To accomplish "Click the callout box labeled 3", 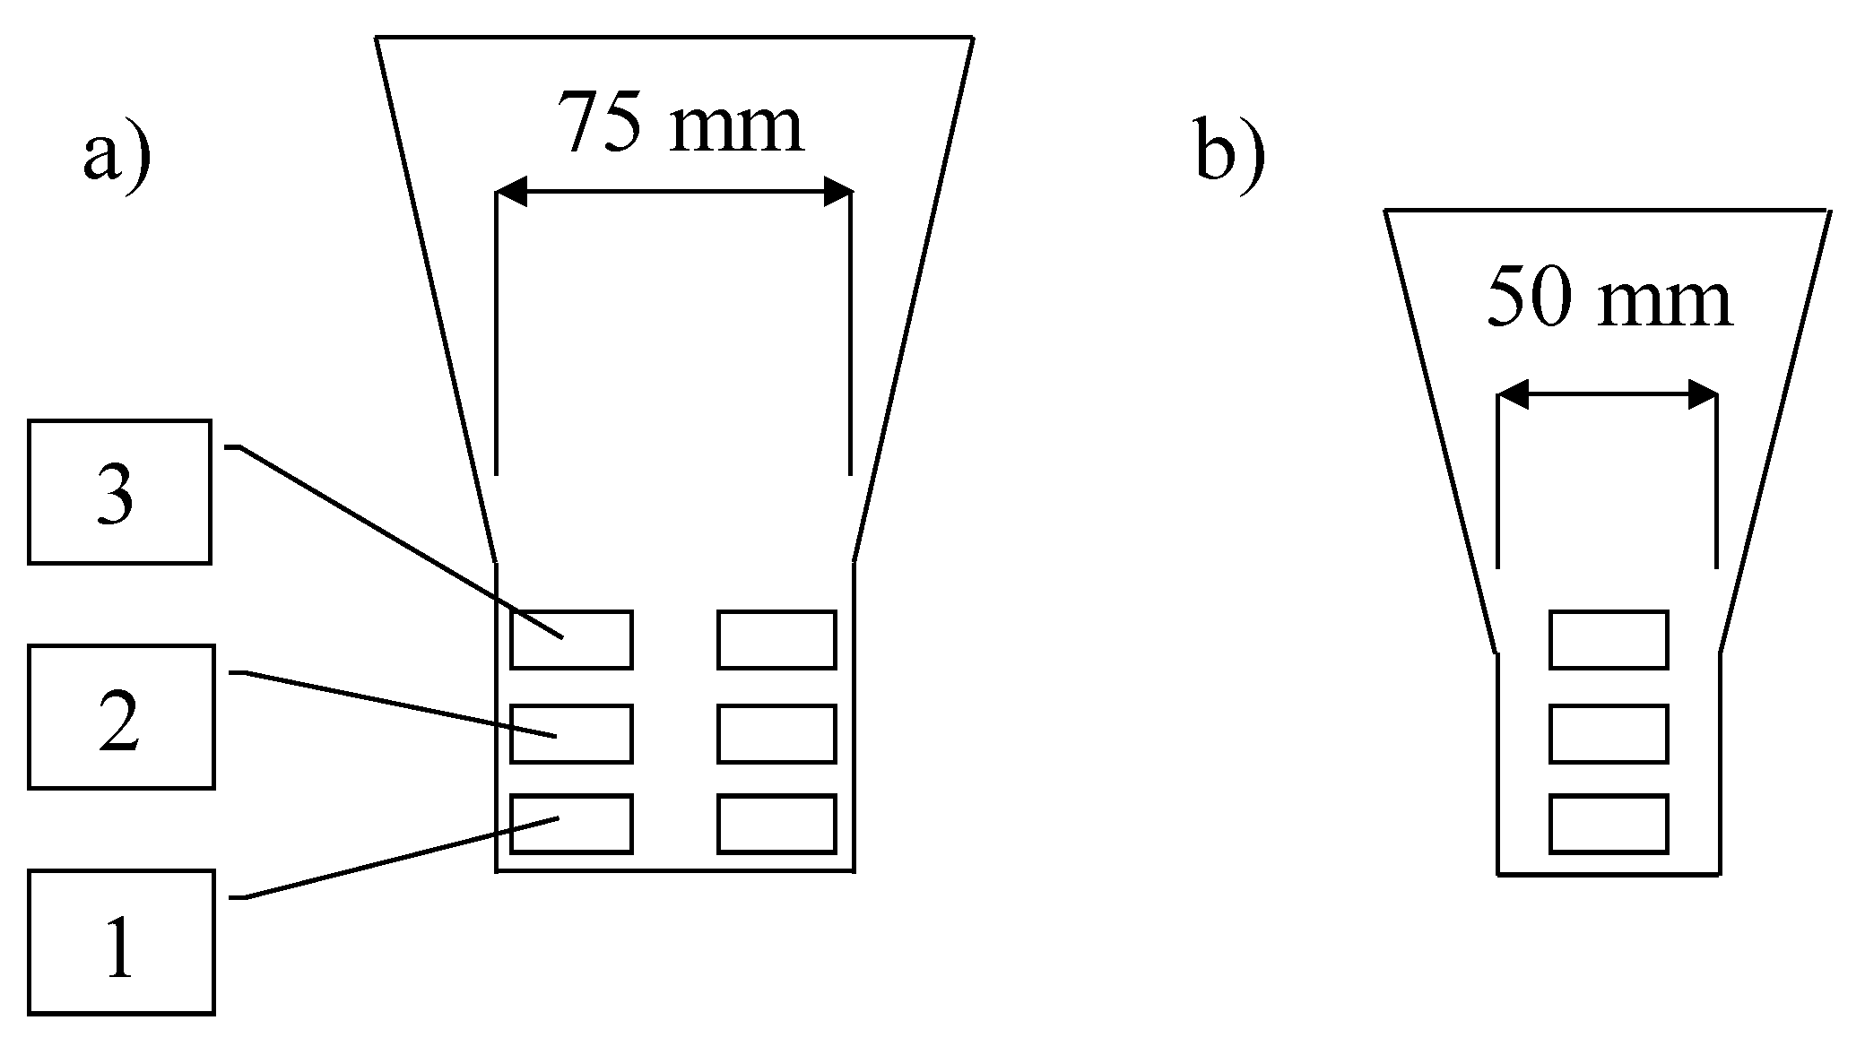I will (119, 491).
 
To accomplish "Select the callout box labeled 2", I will (121, 716).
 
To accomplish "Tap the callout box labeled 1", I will (121, 942).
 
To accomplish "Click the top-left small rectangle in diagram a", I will (571, 640).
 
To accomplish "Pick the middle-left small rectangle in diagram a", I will (571, 734).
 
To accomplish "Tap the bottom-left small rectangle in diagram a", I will (571, 824).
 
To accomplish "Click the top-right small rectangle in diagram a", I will (776, 640).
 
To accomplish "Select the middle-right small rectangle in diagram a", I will (776, 734).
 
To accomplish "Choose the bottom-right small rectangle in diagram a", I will (776, 824).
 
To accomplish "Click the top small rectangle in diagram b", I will (1609, 640).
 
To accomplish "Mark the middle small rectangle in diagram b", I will (1609, 734).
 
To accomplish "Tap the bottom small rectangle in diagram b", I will (1609, 824).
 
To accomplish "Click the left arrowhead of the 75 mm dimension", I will (511, 192).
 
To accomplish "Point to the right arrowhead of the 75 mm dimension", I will (837, 192).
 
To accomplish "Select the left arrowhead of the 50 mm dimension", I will (1513, 394).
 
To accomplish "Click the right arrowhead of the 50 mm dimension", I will (1702, 394).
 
